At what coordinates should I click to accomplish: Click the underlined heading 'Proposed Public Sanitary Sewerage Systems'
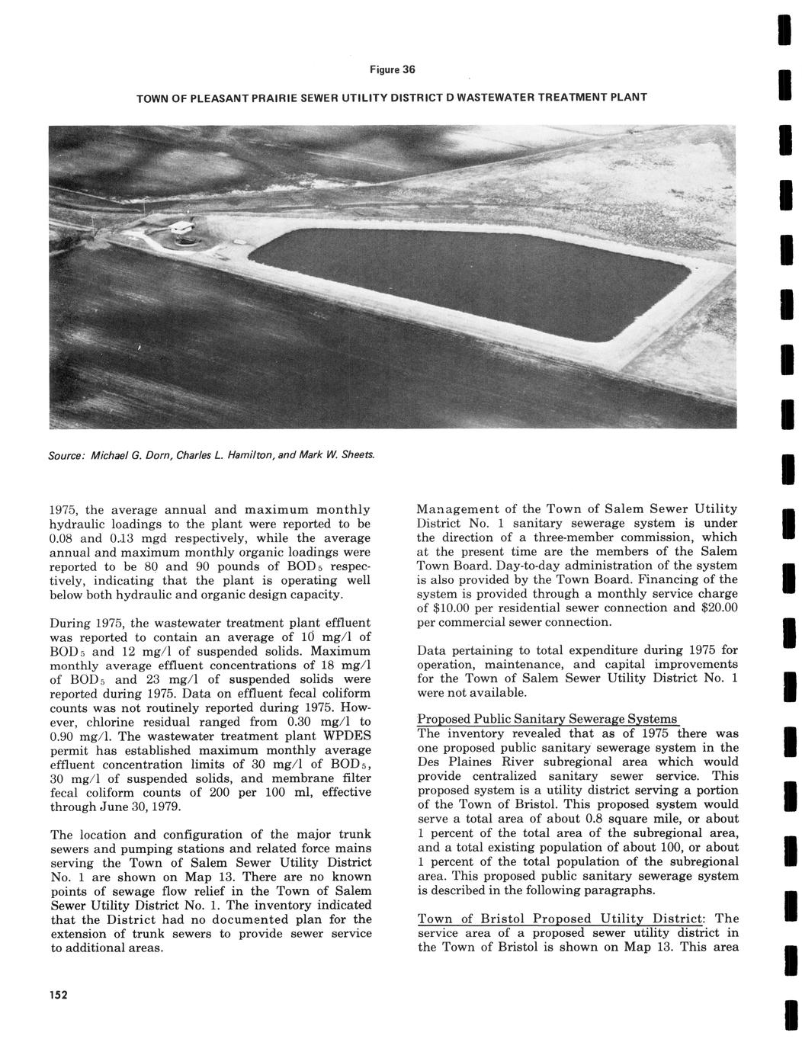pyautogui.click(x=547, y=719)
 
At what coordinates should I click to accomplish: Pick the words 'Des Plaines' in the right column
pyautogui.click(x=454, y=762)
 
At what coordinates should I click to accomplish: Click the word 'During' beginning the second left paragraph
pyautogui.click(x=71, y=623)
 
